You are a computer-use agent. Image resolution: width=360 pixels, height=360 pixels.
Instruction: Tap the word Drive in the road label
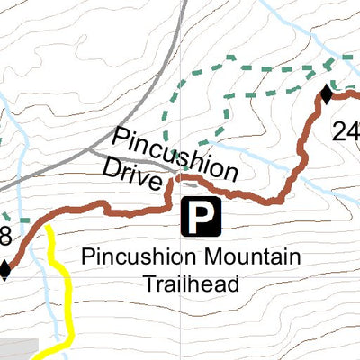(136, 170)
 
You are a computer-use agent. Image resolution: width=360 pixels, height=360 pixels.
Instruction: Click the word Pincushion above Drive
(175, 154)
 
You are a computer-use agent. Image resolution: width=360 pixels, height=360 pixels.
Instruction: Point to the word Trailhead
(191, 284)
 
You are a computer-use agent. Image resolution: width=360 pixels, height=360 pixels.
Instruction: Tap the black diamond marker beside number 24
(328, 93)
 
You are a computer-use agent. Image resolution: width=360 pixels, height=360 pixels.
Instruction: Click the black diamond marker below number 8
(5, 269)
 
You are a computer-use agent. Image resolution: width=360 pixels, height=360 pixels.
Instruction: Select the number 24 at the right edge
(346, 132)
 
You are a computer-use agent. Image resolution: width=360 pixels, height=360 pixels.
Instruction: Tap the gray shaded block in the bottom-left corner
(18, 349)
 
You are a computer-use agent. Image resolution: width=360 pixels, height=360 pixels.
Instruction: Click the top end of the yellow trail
(49, 229)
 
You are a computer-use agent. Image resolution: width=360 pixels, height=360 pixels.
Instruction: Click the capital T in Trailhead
(149, 284)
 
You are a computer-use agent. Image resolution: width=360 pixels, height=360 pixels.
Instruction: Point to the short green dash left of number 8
(4, 218)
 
